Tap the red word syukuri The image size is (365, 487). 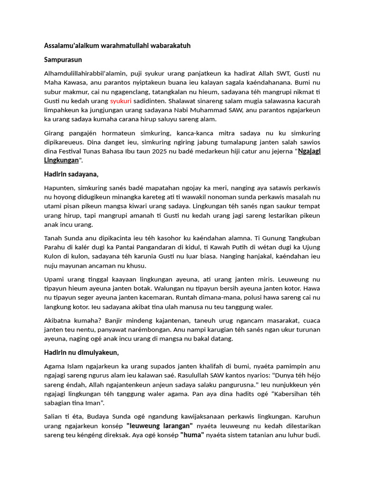[121, 101]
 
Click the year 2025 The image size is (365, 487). [160, 151]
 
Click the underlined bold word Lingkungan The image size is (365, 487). [61, 160]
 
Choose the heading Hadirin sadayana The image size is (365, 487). [71, 175]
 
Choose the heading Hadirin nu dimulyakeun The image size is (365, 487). [81, 352]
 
